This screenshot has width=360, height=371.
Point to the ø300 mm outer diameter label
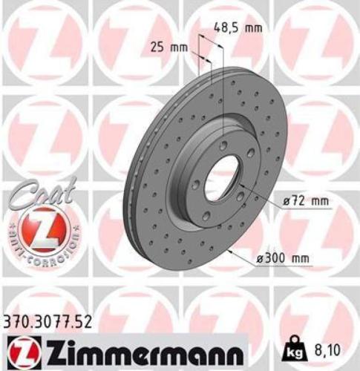tap(281, 257)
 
